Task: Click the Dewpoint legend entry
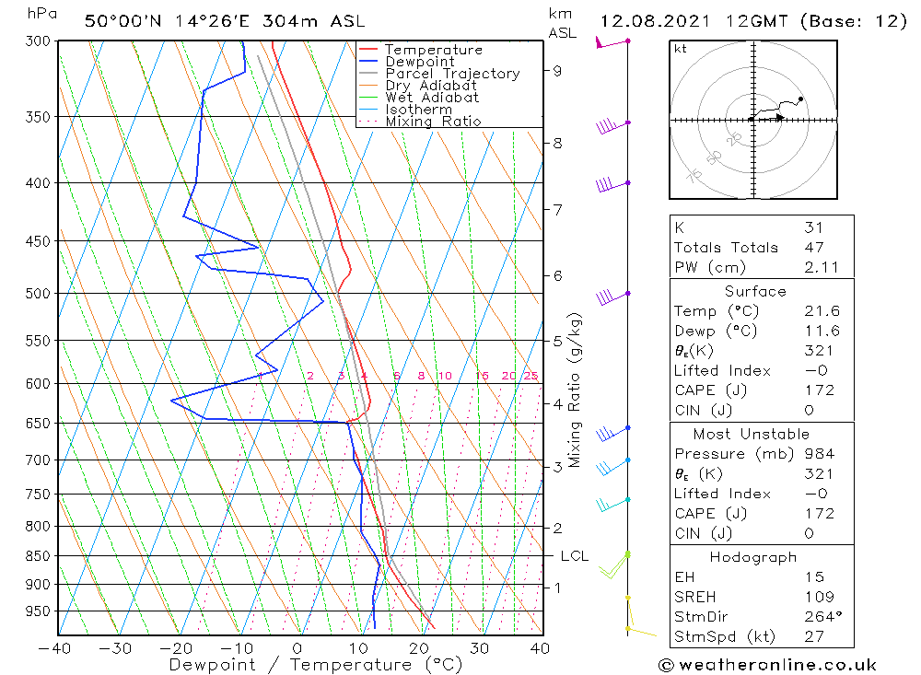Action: (419, 62)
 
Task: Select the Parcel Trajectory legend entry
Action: (451, 74)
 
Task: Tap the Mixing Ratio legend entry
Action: (433, 121)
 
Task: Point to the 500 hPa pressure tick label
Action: (38, 294)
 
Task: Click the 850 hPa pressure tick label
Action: (38, 556)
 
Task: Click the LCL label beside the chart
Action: (574, 556)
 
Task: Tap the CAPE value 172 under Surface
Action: (818, 390)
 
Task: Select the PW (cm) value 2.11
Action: (818, 267)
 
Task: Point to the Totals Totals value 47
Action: (813, 247)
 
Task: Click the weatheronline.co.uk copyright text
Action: (767, 664)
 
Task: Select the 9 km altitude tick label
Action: (557, 70)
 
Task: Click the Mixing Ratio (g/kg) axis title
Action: (575, 390)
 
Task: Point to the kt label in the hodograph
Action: (680, 49)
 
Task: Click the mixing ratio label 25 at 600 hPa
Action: (530, 376)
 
